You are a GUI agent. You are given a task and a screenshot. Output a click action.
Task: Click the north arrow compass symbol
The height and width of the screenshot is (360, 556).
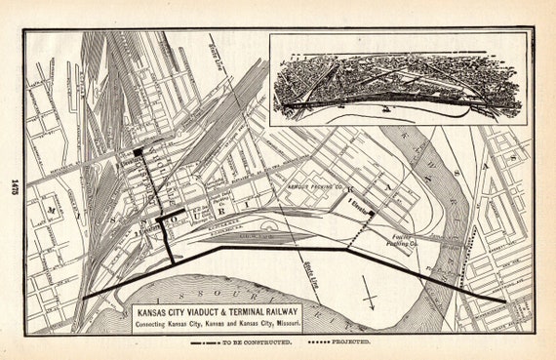pos(368,290)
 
